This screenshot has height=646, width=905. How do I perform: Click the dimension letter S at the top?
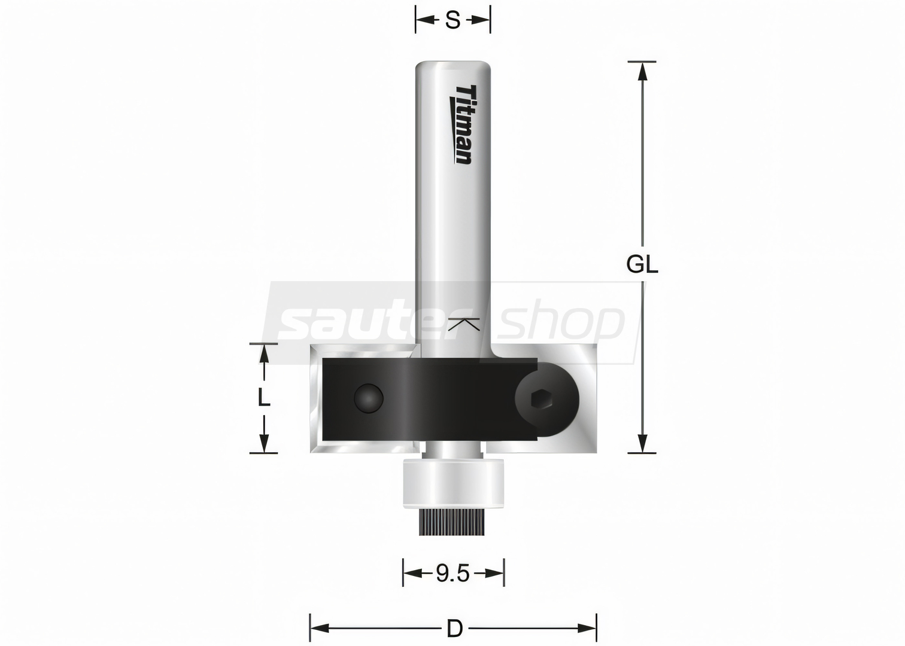453,19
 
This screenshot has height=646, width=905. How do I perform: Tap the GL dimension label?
642,265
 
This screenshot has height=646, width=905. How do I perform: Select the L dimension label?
264,399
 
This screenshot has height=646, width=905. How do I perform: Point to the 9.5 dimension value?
453,573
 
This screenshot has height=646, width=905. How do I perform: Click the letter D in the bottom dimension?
454,629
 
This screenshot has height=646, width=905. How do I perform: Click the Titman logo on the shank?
461,124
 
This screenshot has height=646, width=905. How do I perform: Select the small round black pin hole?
368,398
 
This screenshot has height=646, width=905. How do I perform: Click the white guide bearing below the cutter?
453,482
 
